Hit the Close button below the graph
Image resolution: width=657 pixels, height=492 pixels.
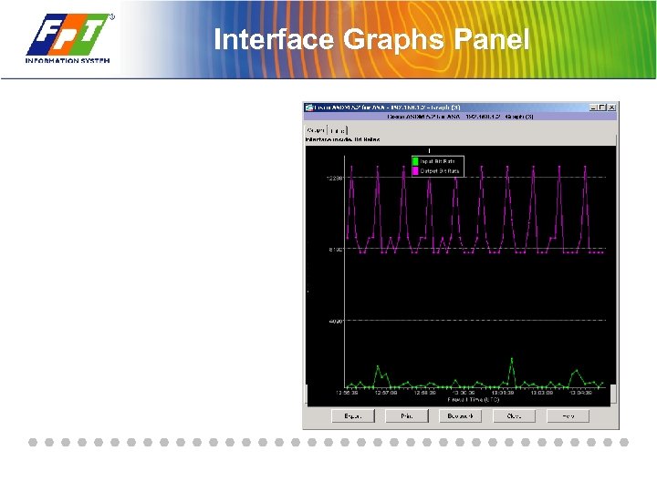pyautogui.click(x=514, y=415)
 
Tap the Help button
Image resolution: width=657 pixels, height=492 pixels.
pyautogui.click(x=567, y=415)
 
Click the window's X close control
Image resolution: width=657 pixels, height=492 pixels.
pyautogui.click(x=613, y=108)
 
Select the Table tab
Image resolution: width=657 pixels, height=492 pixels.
pyautogui.click(x=338, y=130)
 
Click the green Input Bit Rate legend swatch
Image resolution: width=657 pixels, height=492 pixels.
pyautogui.click(x=415, y=161)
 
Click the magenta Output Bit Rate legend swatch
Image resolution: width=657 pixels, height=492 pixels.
pyautogui.click(x=415, y=170)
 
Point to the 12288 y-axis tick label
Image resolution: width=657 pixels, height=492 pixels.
pyautogui.click(x=333, y=178)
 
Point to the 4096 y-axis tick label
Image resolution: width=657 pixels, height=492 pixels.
pyautogui.click(x=335, y=321)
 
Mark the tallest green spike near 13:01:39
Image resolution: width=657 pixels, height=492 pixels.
pyautogui.click(x=512, y=359)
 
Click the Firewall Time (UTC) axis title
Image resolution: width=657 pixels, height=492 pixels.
pyautogui.click(x=474, y=400)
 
